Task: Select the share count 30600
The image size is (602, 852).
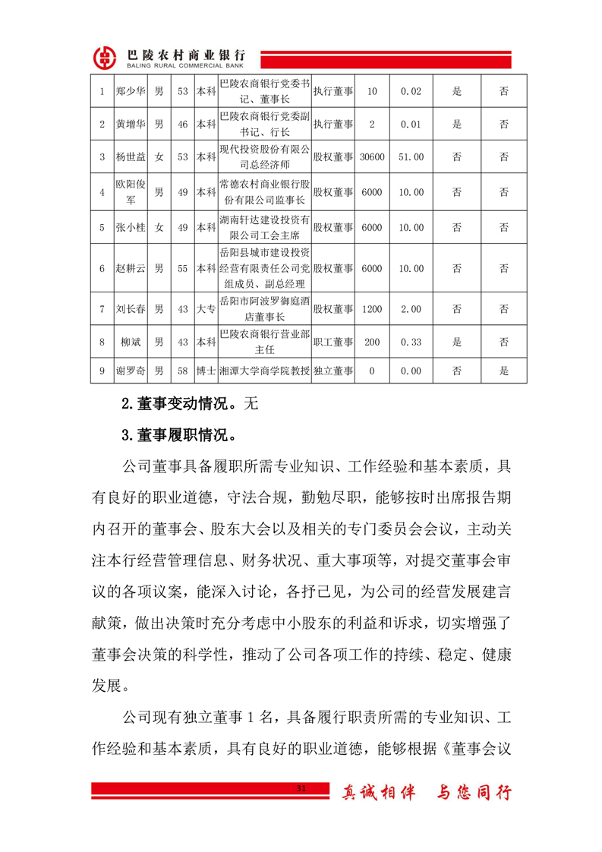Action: click(x=371, y=157)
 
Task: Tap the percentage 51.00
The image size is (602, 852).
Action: click(x=411, y=157)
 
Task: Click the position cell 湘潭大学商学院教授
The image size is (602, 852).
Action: click(x=264, y=371)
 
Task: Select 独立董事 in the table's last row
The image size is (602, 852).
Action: click(x=333, y=371)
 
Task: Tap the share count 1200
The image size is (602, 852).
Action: click(x=371, y=309)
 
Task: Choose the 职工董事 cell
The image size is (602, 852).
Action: click(x=333, y=342)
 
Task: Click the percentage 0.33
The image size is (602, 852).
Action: click(x=411, y=342)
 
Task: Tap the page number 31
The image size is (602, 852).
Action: click(x=301, y=790)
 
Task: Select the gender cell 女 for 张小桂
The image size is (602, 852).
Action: click(x=159, y=227)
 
